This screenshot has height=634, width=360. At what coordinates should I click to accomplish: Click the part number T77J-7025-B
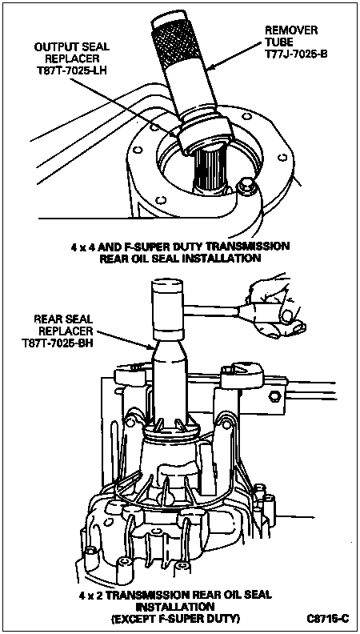[295, 53]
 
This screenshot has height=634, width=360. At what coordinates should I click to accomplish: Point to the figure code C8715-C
[326, 619]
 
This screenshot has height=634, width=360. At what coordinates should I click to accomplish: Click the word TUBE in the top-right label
[277, 42]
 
